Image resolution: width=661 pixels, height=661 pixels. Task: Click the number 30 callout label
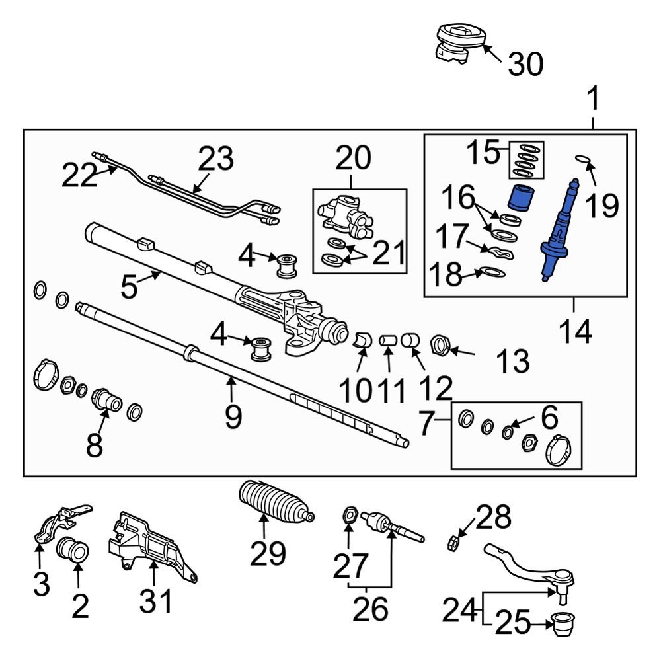pos(525,64)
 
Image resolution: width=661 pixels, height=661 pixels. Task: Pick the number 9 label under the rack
pos(233,416)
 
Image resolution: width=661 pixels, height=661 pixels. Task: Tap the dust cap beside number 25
pos(563,623)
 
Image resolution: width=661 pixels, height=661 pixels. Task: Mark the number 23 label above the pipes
pos(216,161)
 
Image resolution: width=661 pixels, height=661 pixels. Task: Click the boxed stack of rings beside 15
pos(526,161)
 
